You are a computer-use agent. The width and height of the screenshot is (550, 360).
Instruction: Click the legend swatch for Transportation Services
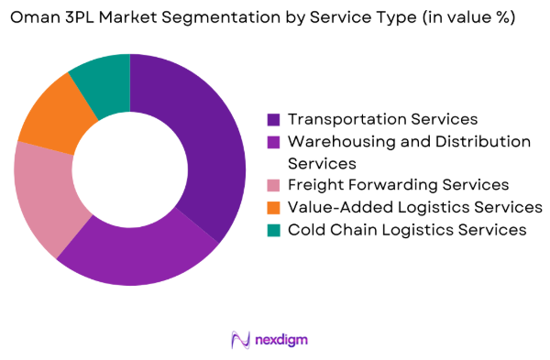[273, 120]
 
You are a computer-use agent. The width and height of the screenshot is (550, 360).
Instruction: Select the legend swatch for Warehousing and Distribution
[273, 142]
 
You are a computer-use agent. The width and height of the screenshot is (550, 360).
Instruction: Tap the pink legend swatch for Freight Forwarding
[273, 186]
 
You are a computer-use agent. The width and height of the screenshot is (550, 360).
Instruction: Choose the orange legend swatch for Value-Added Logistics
[273, 208]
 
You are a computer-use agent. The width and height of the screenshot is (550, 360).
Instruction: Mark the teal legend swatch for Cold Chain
[273, 230]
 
